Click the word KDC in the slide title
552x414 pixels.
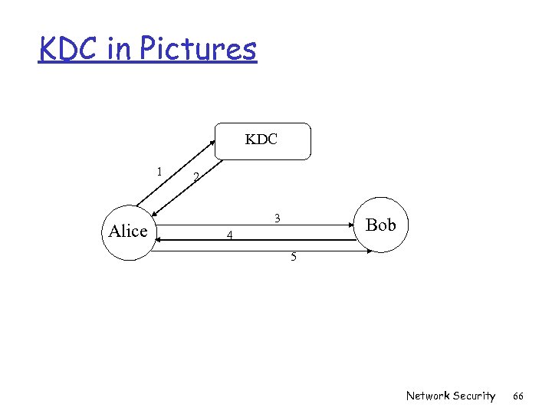point(67,49)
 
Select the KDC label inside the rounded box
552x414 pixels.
point(261,140)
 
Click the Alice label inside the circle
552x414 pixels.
point(128,231)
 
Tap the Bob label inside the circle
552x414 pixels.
point(381,225)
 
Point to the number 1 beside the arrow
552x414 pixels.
point(159,171)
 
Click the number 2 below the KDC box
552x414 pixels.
point(196,178)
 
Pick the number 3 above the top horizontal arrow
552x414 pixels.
point(278,219)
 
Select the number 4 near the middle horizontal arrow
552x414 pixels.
point(229,235)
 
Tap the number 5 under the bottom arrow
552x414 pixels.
point(293,257)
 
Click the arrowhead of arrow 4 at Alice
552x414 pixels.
point(159,241)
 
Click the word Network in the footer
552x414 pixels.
point(429,396)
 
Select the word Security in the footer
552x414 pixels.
point(475,396)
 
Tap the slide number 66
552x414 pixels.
point(517,396)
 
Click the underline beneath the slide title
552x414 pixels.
point(147,64)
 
